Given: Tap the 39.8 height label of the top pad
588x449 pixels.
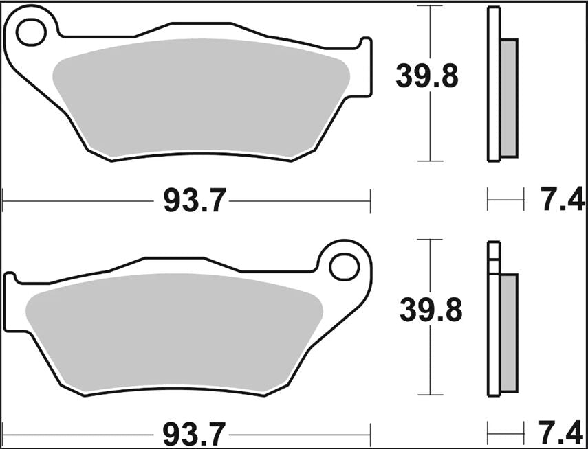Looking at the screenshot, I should click(x=426, y=76).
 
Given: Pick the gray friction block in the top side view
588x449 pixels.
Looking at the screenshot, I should click(x=509, y=96).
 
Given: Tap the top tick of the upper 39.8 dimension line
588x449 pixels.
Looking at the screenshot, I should click(x=430, y=6).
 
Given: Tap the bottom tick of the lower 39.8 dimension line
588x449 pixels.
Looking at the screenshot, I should click(x=430, y=395).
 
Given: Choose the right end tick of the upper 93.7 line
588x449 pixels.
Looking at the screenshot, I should click(x=370, y=201).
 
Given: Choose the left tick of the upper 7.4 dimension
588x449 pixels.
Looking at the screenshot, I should click(x=488, y=201).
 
